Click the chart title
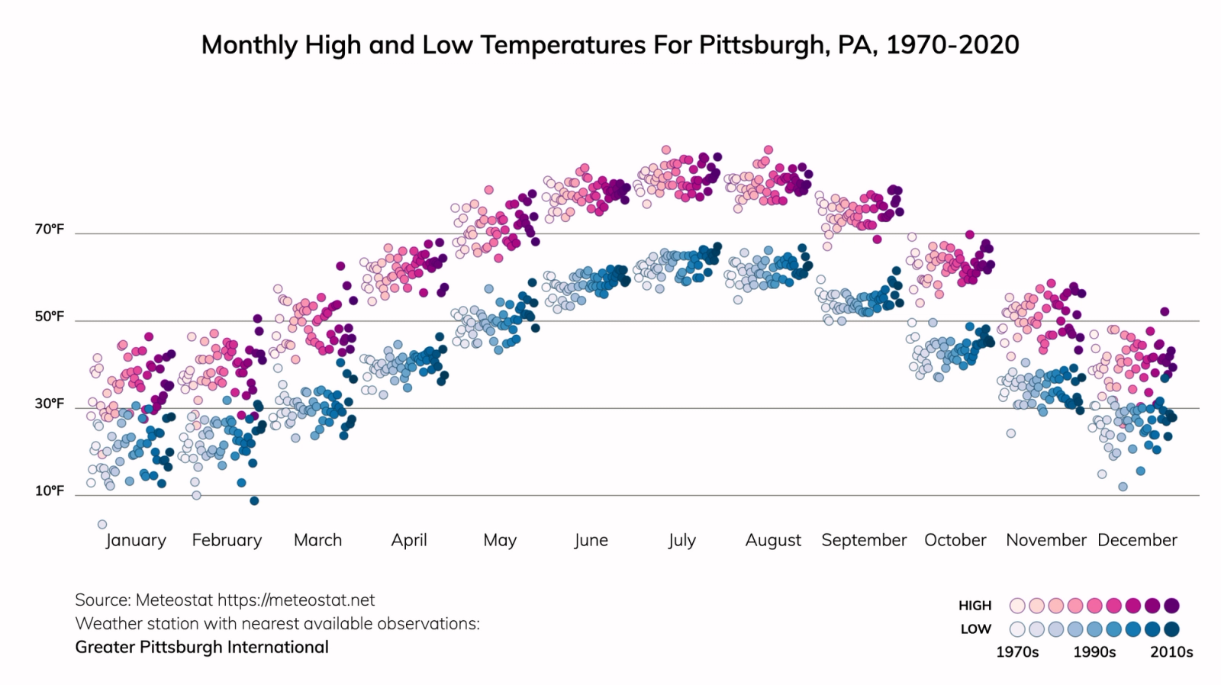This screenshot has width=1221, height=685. click(x=610, y=45)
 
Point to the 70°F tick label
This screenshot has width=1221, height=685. click(x=49, y=230)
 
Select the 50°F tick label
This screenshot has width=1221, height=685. click(x=49, y=317)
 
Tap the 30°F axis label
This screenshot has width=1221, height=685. click(x=49, y=404)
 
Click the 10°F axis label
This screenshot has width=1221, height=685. click(x=49, y=490)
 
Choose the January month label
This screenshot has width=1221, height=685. click(x=136, y=540)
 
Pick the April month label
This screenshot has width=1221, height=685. click(x=409, y=540)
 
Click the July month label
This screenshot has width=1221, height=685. click(x=681, y=540)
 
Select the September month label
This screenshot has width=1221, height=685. click(x=864, y=540)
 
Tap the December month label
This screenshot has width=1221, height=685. click(x=1137, y=540)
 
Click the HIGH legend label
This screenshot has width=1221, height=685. click(x=975, y=606)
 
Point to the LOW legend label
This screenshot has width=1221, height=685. click(x=975, y=629)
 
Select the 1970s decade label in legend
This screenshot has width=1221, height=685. click(x=1017, y=652)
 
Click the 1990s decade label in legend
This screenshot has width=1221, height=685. click(x=1094, y=652)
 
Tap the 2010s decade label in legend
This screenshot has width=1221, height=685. click(x=1171, y=652)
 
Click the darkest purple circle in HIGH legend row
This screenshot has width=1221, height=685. click(x=1171, y=606)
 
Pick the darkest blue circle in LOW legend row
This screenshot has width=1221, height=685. click(x=1171, y=629)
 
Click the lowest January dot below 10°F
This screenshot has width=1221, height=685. click(x=101, y=524)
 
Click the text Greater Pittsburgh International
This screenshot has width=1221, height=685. click(x=201, y=647)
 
